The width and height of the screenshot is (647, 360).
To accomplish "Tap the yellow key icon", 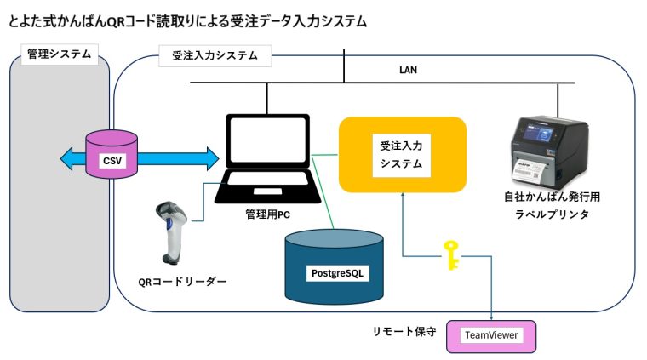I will coord(450,254).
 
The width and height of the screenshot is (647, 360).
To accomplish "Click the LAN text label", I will coord(408,70).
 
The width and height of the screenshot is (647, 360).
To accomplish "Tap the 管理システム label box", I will coord(59,55).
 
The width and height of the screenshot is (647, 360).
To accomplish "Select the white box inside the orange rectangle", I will coord(401,154).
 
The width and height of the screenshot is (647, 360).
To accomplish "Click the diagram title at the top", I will coord(187,21).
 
